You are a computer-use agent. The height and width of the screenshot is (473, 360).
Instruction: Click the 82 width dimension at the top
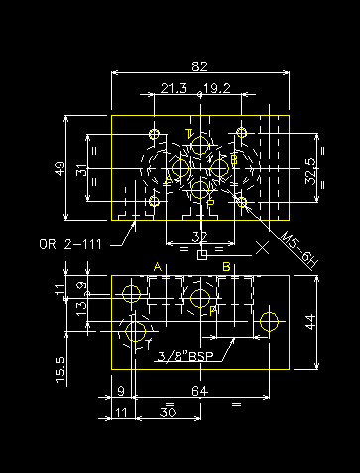point(199,66)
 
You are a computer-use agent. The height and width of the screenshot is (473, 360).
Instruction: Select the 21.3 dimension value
point(174,88)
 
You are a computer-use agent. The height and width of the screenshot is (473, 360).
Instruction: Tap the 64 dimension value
point(199,392)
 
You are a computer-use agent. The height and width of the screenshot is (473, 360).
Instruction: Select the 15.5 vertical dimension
point(60,369)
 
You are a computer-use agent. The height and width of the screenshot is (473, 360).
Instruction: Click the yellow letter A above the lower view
point(157,266)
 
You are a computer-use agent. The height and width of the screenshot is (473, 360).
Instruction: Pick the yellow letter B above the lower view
point(226,266)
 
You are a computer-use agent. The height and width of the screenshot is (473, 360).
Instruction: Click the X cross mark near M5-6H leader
point(263,246)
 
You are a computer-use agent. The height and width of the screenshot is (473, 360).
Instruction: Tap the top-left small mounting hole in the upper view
point(153,134)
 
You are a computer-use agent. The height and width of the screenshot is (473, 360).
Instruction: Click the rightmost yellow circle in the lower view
point(268,320)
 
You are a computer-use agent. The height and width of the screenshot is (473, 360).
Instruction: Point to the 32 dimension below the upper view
point(199,236)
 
